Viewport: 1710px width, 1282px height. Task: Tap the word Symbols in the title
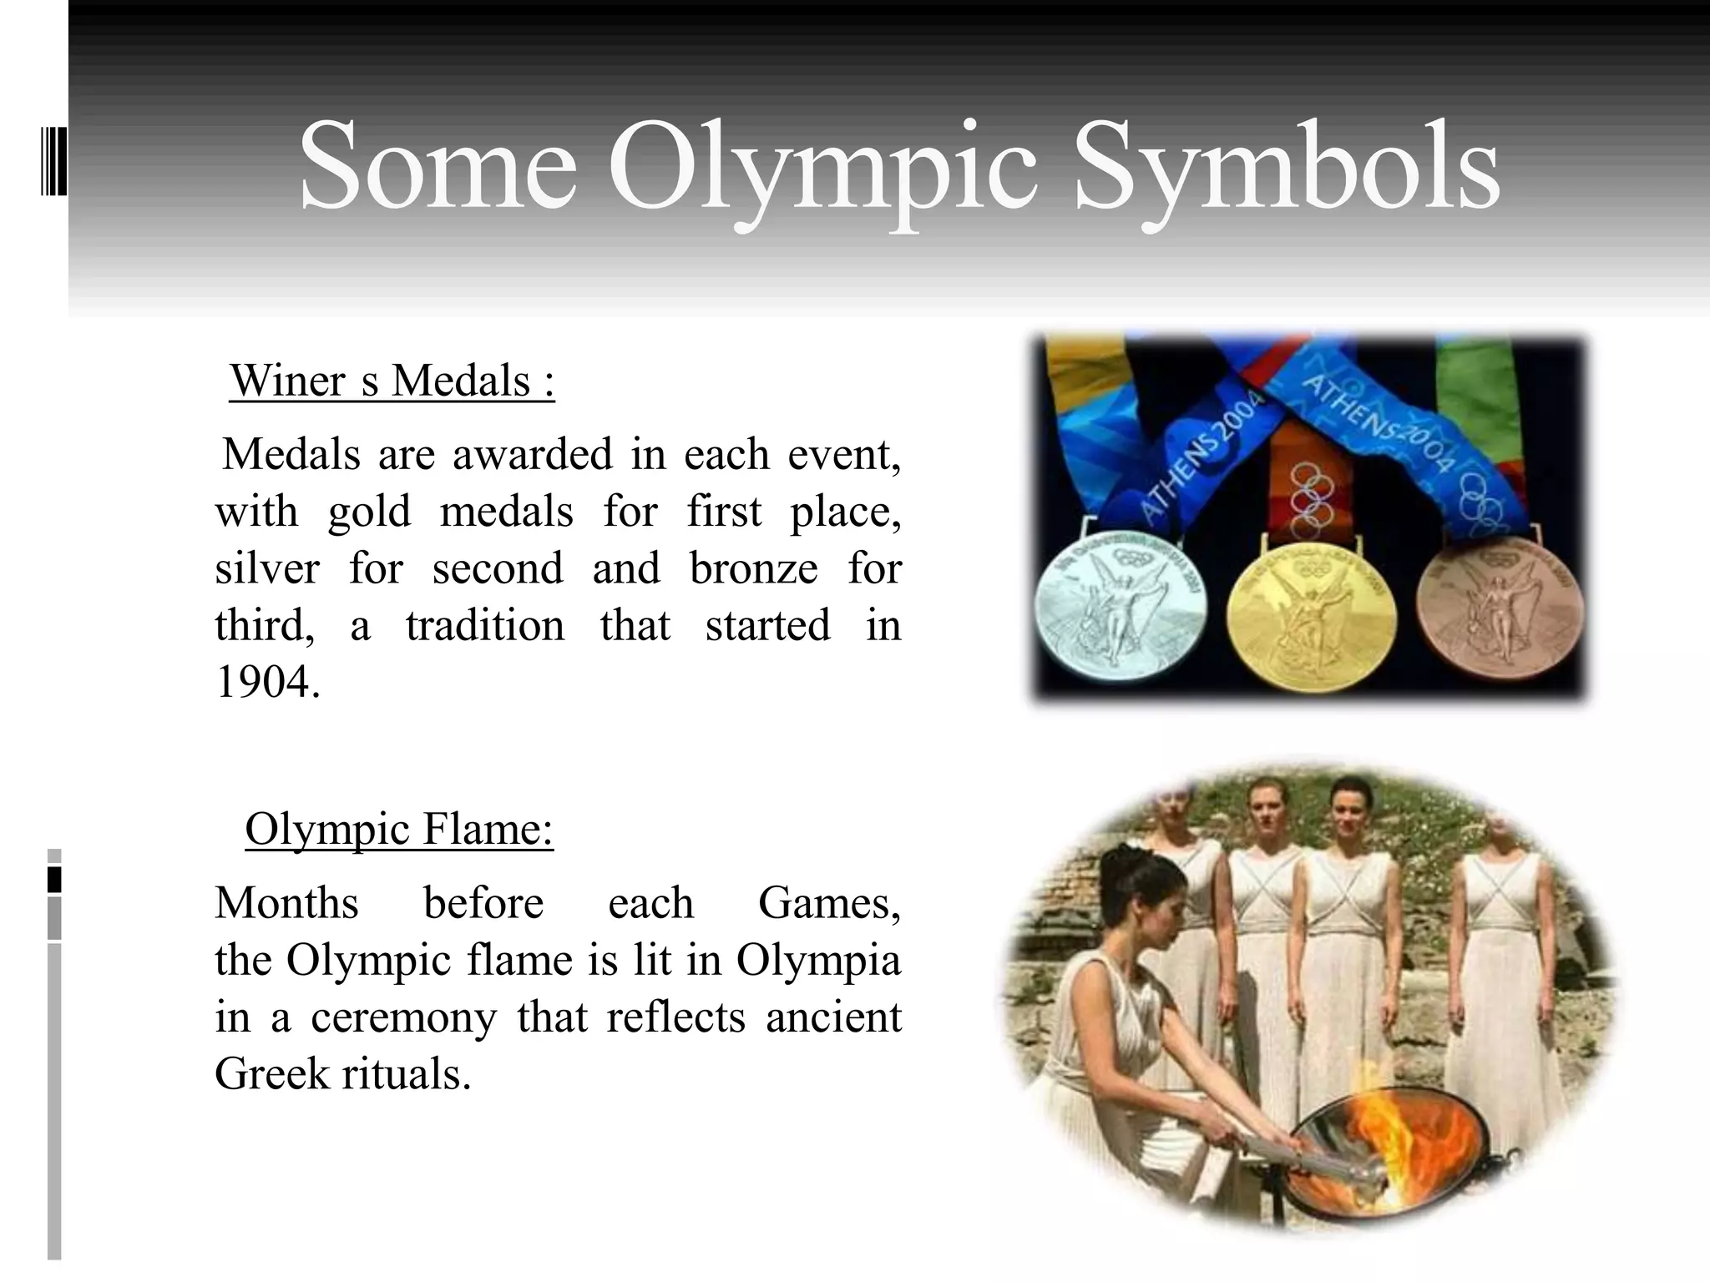pos(1287,167)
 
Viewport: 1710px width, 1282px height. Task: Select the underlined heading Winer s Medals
pos(392,381)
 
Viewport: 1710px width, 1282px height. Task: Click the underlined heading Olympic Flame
pos(399,830)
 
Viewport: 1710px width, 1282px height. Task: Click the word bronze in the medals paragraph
pos(753,569)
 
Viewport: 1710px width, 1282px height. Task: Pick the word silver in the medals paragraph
pos(267,569)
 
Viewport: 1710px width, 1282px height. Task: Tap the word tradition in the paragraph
pos(485,626)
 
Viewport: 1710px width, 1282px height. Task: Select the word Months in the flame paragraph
pos(286,903)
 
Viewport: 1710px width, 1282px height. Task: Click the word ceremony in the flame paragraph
pos(403,1017)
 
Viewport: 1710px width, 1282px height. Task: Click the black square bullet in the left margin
pos(54,880)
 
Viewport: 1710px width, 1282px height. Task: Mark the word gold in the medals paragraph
pos(369,512)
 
